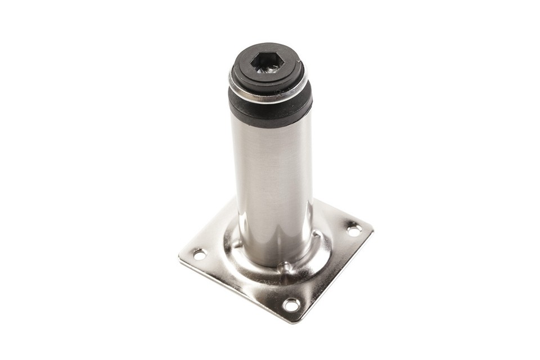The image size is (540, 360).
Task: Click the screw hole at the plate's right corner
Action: point(353,229)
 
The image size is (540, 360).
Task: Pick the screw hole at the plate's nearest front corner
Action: point(291,305)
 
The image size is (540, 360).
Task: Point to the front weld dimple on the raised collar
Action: point(285,266)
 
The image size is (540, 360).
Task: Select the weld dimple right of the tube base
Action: point(319,233)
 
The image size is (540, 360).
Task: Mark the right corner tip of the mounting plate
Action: point(372,229)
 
